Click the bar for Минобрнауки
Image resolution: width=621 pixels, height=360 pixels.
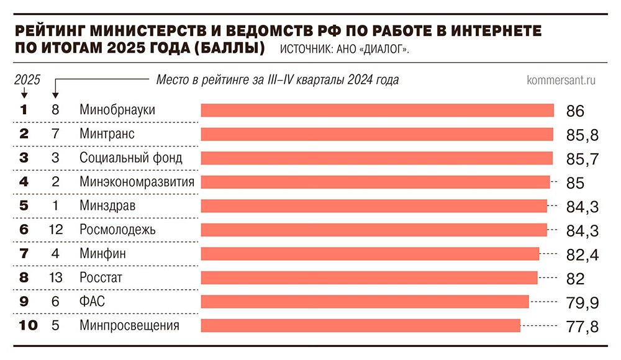point(377,110)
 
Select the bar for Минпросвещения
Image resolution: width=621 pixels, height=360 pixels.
point(360,325)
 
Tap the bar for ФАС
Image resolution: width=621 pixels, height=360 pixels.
point(365,302)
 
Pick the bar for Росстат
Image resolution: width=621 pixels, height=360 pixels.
point(369,277)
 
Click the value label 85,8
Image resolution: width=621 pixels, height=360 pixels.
point(582,135)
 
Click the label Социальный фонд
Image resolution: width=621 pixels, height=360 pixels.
point(130,158)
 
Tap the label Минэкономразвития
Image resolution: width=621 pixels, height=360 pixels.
point(137,182)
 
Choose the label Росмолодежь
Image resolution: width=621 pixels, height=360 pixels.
point(117,230)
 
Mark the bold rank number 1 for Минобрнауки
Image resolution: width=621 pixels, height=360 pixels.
point(24,110)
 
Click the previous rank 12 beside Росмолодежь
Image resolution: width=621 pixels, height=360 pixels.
point(55,230)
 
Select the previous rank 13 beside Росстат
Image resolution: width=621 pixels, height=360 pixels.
point(55,278)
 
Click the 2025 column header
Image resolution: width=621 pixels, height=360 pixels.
point(27,79)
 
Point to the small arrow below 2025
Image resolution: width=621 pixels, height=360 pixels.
point(24,93)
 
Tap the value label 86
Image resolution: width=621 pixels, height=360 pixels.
point(576,111)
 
